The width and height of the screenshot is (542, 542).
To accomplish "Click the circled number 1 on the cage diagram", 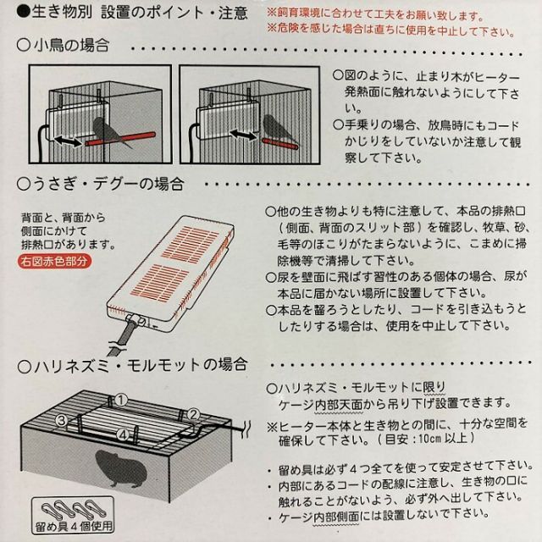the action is coord(120,401).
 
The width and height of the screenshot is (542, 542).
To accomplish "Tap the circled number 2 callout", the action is coord(193,414).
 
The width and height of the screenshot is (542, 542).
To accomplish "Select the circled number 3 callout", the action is coord(62,420).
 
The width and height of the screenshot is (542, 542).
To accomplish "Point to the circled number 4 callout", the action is coord(123,434).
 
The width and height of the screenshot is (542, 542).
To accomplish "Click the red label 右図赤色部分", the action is coord(54,261).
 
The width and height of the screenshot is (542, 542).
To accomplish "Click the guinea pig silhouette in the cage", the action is coord(120,467).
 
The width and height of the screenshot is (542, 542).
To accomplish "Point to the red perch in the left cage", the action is coord(120,138).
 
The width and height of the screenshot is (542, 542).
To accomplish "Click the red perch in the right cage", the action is coord(280,144).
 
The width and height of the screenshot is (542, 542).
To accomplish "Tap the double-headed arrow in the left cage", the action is coord(68,141).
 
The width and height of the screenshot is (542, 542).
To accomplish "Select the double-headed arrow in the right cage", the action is coord(243,135).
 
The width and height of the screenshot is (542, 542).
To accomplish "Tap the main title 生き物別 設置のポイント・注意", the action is coord(140,13).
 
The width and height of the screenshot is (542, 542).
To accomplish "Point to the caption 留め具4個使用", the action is coord(74,526).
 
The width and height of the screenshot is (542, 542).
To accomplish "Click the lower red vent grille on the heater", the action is coord(160,281).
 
